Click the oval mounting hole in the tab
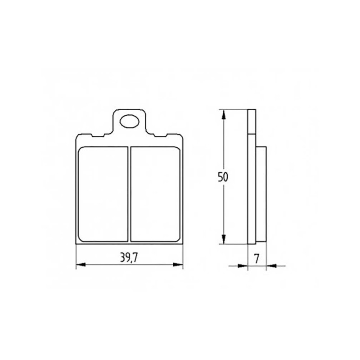click(129, 121)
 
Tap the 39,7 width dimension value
click(129, 258)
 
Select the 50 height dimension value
click(223, 177)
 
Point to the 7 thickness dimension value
click(257, 259)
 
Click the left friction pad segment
click(103, 194)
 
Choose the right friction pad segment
click(155, 194)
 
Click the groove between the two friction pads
click(129, 194)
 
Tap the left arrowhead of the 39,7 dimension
click(81, 265)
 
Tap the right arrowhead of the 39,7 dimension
click(178, 265)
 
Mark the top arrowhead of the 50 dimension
click(224, 114)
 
